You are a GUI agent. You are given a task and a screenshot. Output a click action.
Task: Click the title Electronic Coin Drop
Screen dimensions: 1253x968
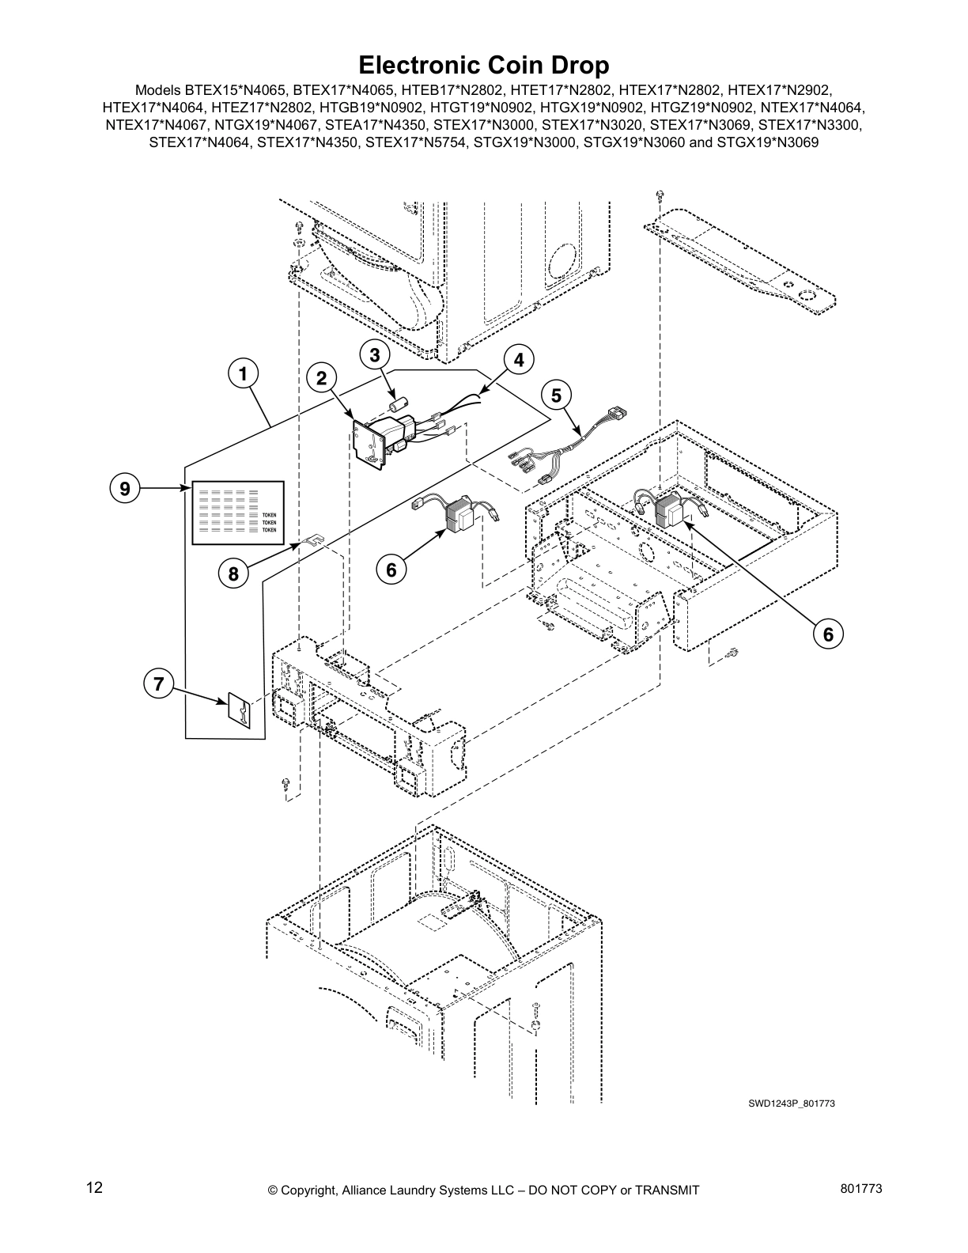click(x=483, y=64)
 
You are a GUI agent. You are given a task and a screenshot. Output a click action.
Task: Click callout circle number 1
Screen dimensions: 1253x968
click(x=244, y=373)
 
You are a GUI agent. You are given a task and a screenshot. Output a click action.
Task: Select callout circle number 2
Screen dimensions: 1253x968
click(x=322, y=379)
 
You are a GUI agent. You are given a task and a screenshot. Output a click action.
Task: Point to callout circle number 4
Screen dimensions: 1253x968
click(x=518, y=360)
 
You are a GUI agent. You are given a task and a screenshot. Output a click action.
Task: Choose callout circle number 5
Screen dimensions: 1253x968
click(x=556, y=395)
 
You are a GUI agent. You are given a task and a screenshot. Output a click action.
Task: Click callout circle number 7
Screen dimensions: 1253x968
click(x=158, y=683)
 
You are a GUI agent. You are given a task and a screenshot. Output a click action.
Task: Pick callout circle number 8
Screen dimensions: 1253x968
click(x=234, y=574)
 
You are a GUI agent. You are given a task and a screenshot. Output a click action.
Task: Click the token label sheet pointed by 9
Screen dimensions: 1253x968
click(x=238, y=512)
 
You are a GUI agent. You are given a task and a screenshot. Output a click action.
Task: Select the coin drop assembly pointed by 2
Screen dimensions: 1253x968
click(x=380, y=439)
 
